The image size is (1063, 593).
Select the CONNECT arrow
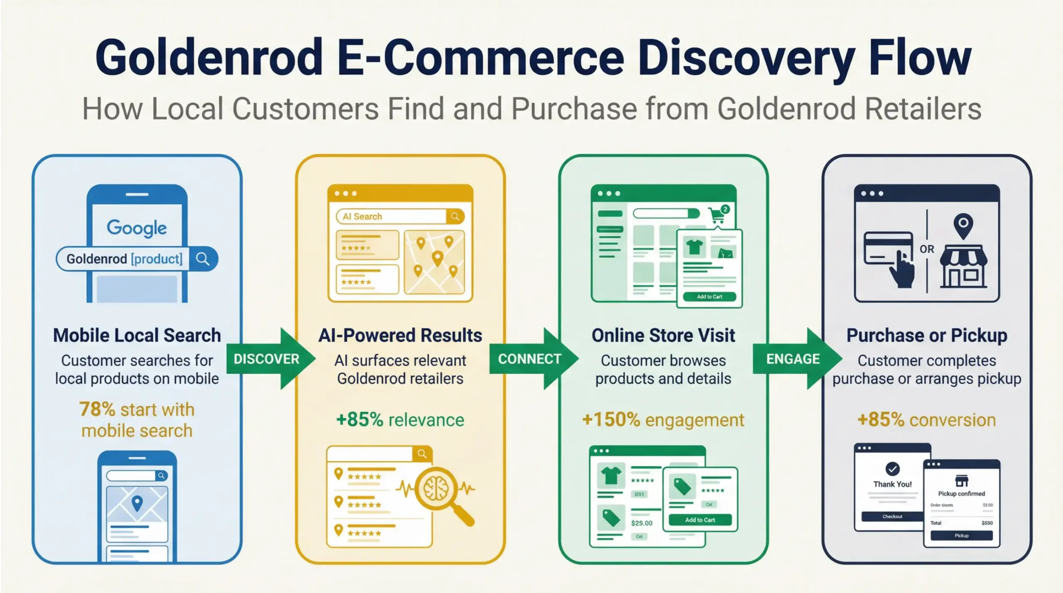click(x=531, y=359)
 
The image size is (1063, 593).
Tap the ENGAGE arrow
click(x=794, y=359)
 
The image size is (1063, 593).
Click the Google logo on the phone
click(x=137, y=228)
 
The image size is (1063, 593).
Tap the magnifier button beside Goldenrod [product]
click(x=203, y=259)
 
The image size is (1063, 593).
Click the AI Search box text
click(x=362, y=216)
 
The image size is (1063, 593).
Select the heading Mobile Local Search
click(x=137, y=336)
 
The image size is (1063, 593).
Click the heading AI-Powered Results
click(x=400, y=336)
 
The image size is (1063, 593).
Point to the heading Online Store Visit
click(x=663, y=336)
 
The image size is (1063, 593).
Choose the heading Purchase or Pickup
click(x=927, y=336)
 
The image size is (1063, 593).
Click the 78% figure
click(x=97, y=409)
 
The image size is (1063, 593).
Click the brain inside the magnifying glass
click(x=436, y=488)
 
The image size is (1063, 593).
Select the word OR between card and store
click(x=927, y=249)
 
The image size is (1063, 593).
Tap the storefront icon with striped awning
click(x=963, y=266)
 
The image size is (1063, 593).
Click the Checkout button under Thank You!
click(x=892, y=517)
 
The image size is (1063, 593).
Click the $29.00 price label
click(x=642, y=523)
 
